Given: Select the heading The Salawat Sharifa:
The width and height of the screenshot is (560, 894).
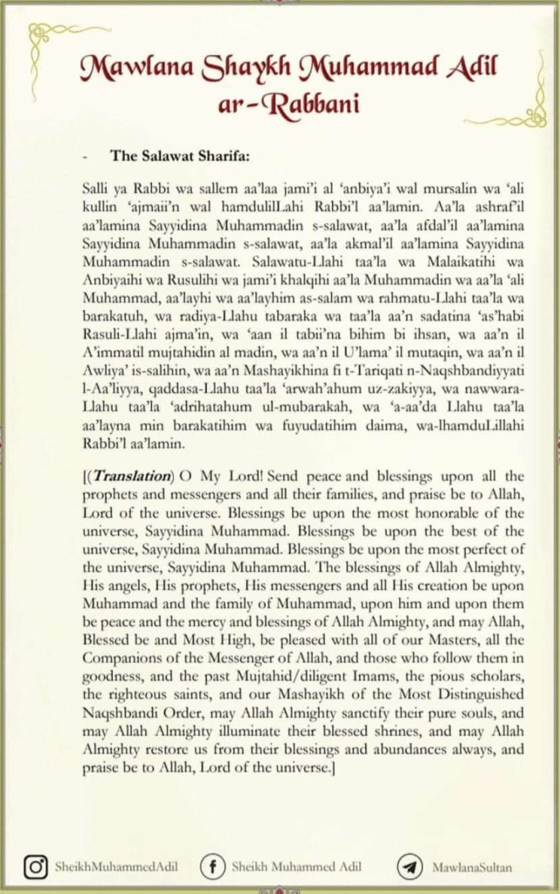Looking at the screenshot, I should (x=180, y=157).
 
